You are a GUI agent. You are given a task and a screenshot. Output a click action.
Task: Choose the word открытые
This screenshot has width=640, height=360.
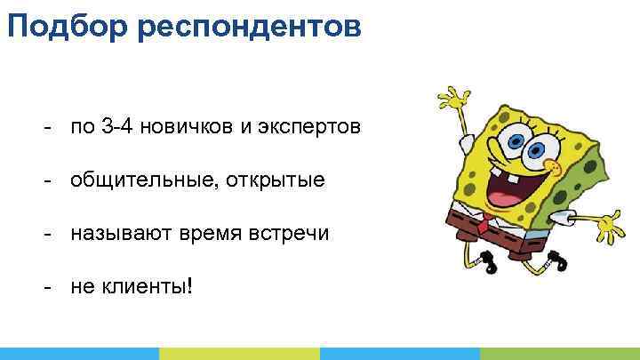[276, 181]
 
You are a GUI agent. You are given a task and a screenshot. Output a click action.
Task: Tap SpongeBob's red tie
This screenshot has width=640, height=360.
[482, 223]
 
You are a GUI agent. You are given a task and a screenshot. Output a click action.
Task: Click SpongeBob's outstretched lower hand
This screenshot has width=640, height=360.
[610, 228]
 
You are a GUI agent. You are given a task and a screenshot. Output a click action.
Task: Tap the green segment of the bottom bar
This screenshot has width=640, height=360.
[239, 353]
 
